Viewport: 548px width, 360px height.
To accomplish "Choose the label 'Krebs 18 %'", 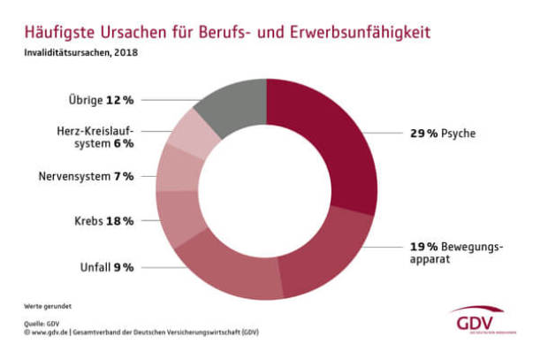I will coord(105,218).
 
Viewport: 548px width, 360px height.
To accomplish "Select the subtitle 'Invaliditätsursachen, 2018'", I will coord(80,52).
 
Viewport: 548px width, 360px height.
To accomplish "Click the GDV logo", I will coord(482,319).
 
